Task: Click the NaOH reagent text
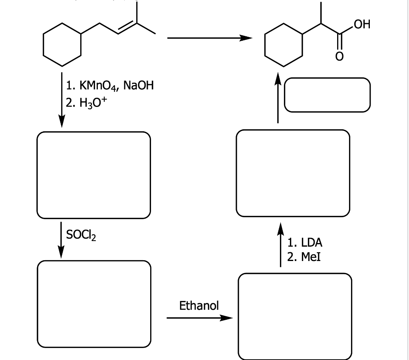[139, 85]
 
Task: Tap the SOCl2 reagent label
[80, 236]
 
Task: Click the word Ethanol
[199, 306]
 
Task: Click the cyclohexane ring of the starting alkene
[62, 44]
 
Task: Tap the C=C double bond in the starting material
[127, 29]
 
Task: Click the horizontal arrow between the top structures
[209, 38]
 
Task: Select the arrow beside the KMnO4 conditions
[61, 100]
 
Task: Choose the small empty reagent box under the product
[327, 95]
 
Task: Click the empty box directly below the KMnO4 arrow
[94, 175]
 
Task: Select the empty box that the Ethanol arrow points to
[295, 316]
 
